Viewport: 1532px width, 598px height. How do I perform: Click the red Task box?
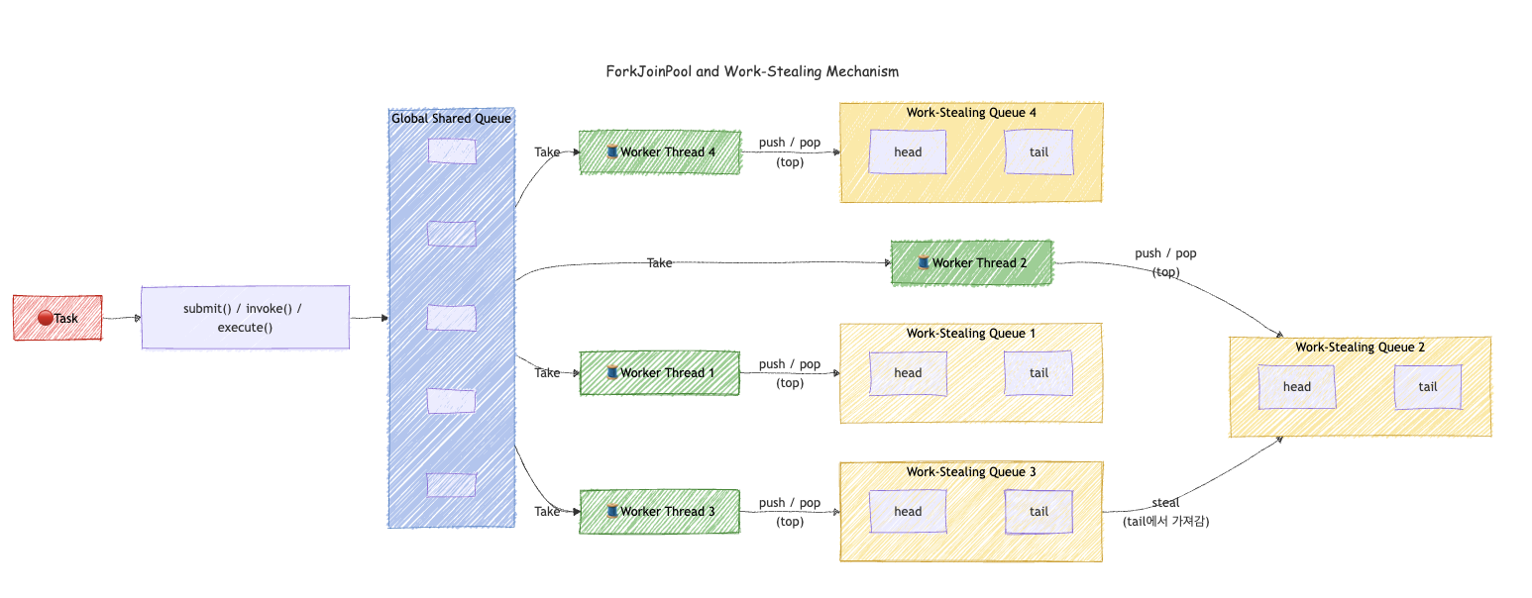(x=57, y=318)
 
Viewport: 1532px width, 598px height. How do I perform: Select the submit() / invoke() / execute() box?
(x=246, y=318)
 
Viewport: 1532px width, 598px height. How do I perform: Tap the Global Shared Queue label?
(x=451, y=118)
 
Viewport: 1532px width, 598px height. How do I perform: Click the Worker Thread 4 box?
(x=660, y=151)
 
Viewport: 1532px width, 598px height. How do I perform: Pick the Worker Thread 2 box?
(x=972, y=262)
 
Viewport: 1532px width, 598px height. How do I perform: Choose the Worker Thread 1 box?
(x=660, y=373)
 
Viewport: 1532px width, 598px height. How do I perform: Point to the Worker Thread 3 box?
(x=660, y=511)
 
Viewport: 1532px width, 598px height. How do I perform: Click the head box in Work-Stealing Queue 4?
(x=908, y=151)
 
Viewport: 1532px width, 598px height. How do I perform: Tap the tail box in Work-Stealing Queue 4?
(x=1039, y=151)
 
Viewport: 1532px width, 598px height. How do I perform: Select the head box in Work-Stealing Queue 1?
(x=908, y=373)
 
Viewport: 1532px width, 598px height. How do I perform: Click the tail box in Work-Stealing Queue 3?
(x=1039, y=511)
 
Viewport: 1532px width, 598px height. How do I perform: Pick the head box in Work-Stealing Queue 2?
(x=1297, y=387)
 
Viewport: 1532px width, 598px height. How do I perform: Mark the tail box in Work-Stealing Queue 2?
(x=1428, y=387)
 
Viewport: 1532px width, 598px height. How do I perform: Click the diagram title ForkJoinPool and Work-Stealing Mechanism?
(x=752, y=71)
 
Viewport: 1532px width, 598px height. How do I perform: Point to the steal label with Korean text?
(x=1165, y=512)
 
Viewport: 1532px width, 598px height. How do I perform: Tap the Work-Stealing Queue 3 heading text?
(x=971, y=471)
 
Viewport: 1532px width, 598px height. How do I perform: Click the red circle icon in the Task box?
(x=46, y=318)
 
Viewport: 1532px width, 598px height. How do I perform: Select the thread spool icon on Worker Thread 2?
(x=924, y=261)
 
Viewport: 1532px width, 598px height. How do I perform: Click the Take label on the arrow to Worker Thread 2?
(x=659, y=262)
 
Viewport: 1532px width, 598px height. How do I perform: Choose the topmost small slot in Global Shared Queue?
(x=452, y=151)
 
